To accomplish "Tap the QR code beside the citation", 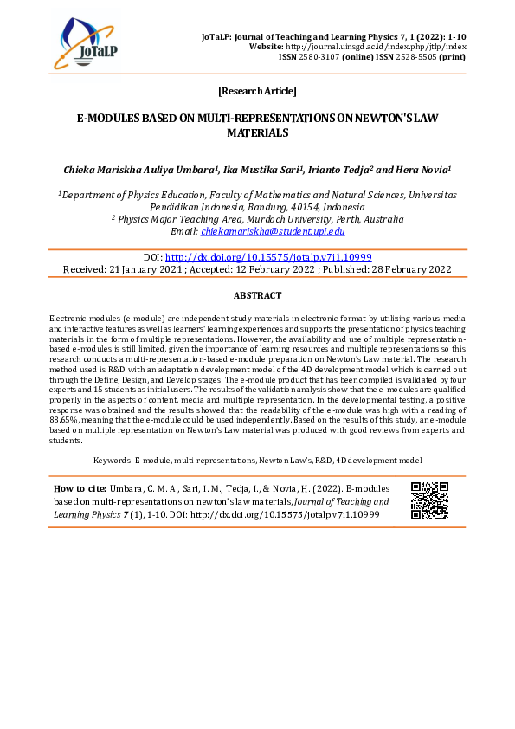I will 428,500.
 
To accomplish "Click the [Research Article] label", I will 257,91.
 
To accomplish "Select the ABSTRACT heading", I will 257,295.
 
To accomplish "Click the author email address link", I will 273,231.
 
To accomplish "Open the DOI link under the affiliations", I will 268,257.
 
